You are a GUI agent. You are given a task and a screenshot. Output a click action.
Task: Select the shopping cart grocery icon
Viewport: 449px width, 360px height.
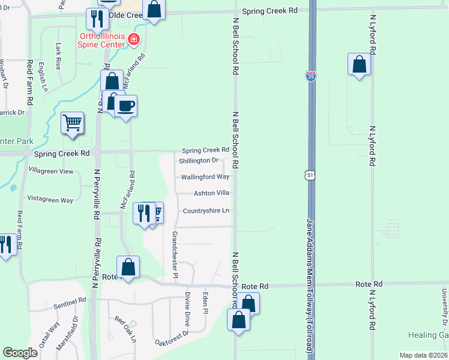[x=72, y=123]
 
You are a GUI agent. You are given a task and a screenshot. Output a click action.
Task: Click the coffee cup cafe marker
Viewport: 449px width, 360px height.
[x=125, y=107]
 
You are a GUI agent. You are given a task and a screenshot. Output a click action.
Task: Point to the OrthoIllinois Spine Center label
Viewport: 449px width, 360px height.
[x=101, y=40]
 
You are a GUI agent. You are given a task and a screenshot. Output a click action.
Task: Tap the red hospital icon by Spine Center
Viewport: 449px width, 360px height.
[x=133, y=41]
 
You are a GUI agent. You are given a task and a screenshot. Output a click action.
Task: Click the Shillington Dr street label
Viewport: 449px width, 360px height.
[x=199, y=161]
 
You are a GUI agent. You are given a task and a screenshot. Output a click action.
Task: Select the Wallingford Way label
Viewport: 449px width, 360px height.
[x=205, y=177]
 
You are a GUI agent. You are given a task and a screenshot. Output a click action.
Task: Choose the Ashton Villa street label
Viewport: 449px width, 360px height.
[x=211, y=193]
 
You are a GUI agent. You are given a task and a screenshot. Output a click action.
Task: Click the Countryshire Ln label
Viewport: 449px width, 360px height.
[x=206, y=211]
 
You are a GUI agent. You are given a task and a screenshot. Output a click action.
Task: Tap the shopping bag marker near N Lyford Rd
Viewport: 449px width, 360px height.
[x=359, y=64]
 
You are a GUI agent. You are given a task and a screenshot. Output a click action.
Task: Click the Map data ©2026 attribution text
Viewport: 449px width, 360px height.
[x=423, y=355]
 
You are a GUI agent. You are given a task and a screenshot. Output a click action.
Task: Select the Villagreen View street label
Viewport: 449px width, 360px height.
[x=51, y=171]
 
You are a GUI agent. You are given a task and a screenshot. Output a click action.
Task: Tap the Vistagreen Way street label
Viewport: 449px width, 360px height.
[x=50, y=200]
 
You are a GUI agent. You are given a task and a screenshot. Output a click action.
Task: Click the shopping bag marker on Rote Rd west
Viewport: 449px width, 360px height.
[x=128, y=267]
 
